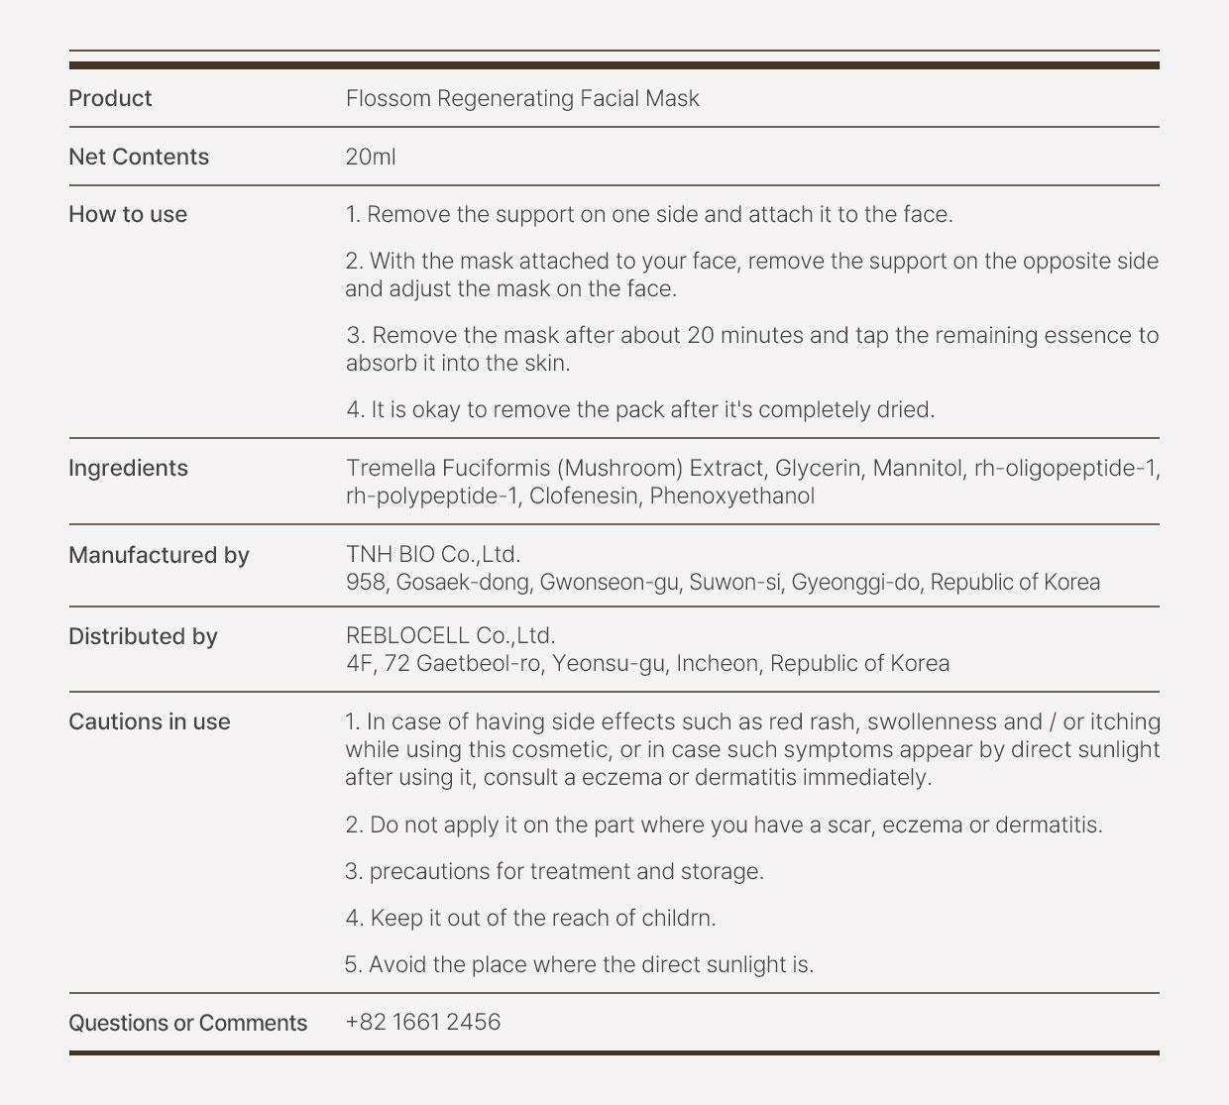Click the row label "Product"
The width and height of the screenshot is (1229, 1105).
[x=110, y=98]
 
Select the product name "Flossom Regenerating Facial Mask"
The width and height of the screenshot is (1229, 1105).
[x=522, y=98]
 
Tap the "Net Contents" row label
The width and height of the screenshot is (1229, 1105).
[x=139, y=157]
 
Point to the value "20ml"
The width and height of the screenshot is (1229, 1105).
[x=371, y=157]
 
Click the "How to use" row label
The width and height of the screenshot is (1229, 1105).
[x=128, y=214]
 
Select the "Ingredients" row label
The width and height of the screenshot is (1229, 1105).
[x=128, y=468]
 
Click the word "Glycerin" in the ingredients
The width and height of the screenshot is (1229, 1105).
[x=818, y=468]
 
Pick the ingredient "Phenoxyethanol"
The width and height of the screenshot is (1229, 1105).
[x=731, y=496]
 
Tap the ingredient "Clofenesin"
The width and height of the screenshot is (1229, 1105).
[x=584, y=496]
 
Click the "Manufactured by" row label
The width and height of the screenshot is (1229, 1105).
[x=159, y=555]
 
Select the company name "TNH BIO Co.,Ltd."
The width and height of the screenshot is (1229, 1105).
[x=433, y=554]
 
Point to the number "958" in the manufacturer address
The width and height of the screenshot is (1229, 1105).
[x=366, y=582]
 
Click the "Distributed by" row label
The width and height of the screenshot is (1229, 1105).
[x=143, y=636]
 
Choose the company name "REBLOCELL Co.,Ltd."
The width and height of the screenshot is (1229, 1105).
[x=450, y=635]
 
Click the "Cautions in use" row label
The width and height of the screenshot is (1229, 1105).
[x=149, y=721]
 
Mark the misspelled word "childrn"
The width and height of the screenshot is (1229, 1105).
[x=678, y=918]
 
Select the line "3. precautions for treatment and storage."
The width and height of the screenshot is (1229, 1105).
[x=554, y=871]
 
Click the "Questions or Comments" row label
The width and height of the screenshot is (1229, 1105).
[x=187, y=1023]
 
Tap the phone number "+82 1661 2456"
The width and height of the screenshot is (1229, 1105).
[x=423, y=1022]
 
